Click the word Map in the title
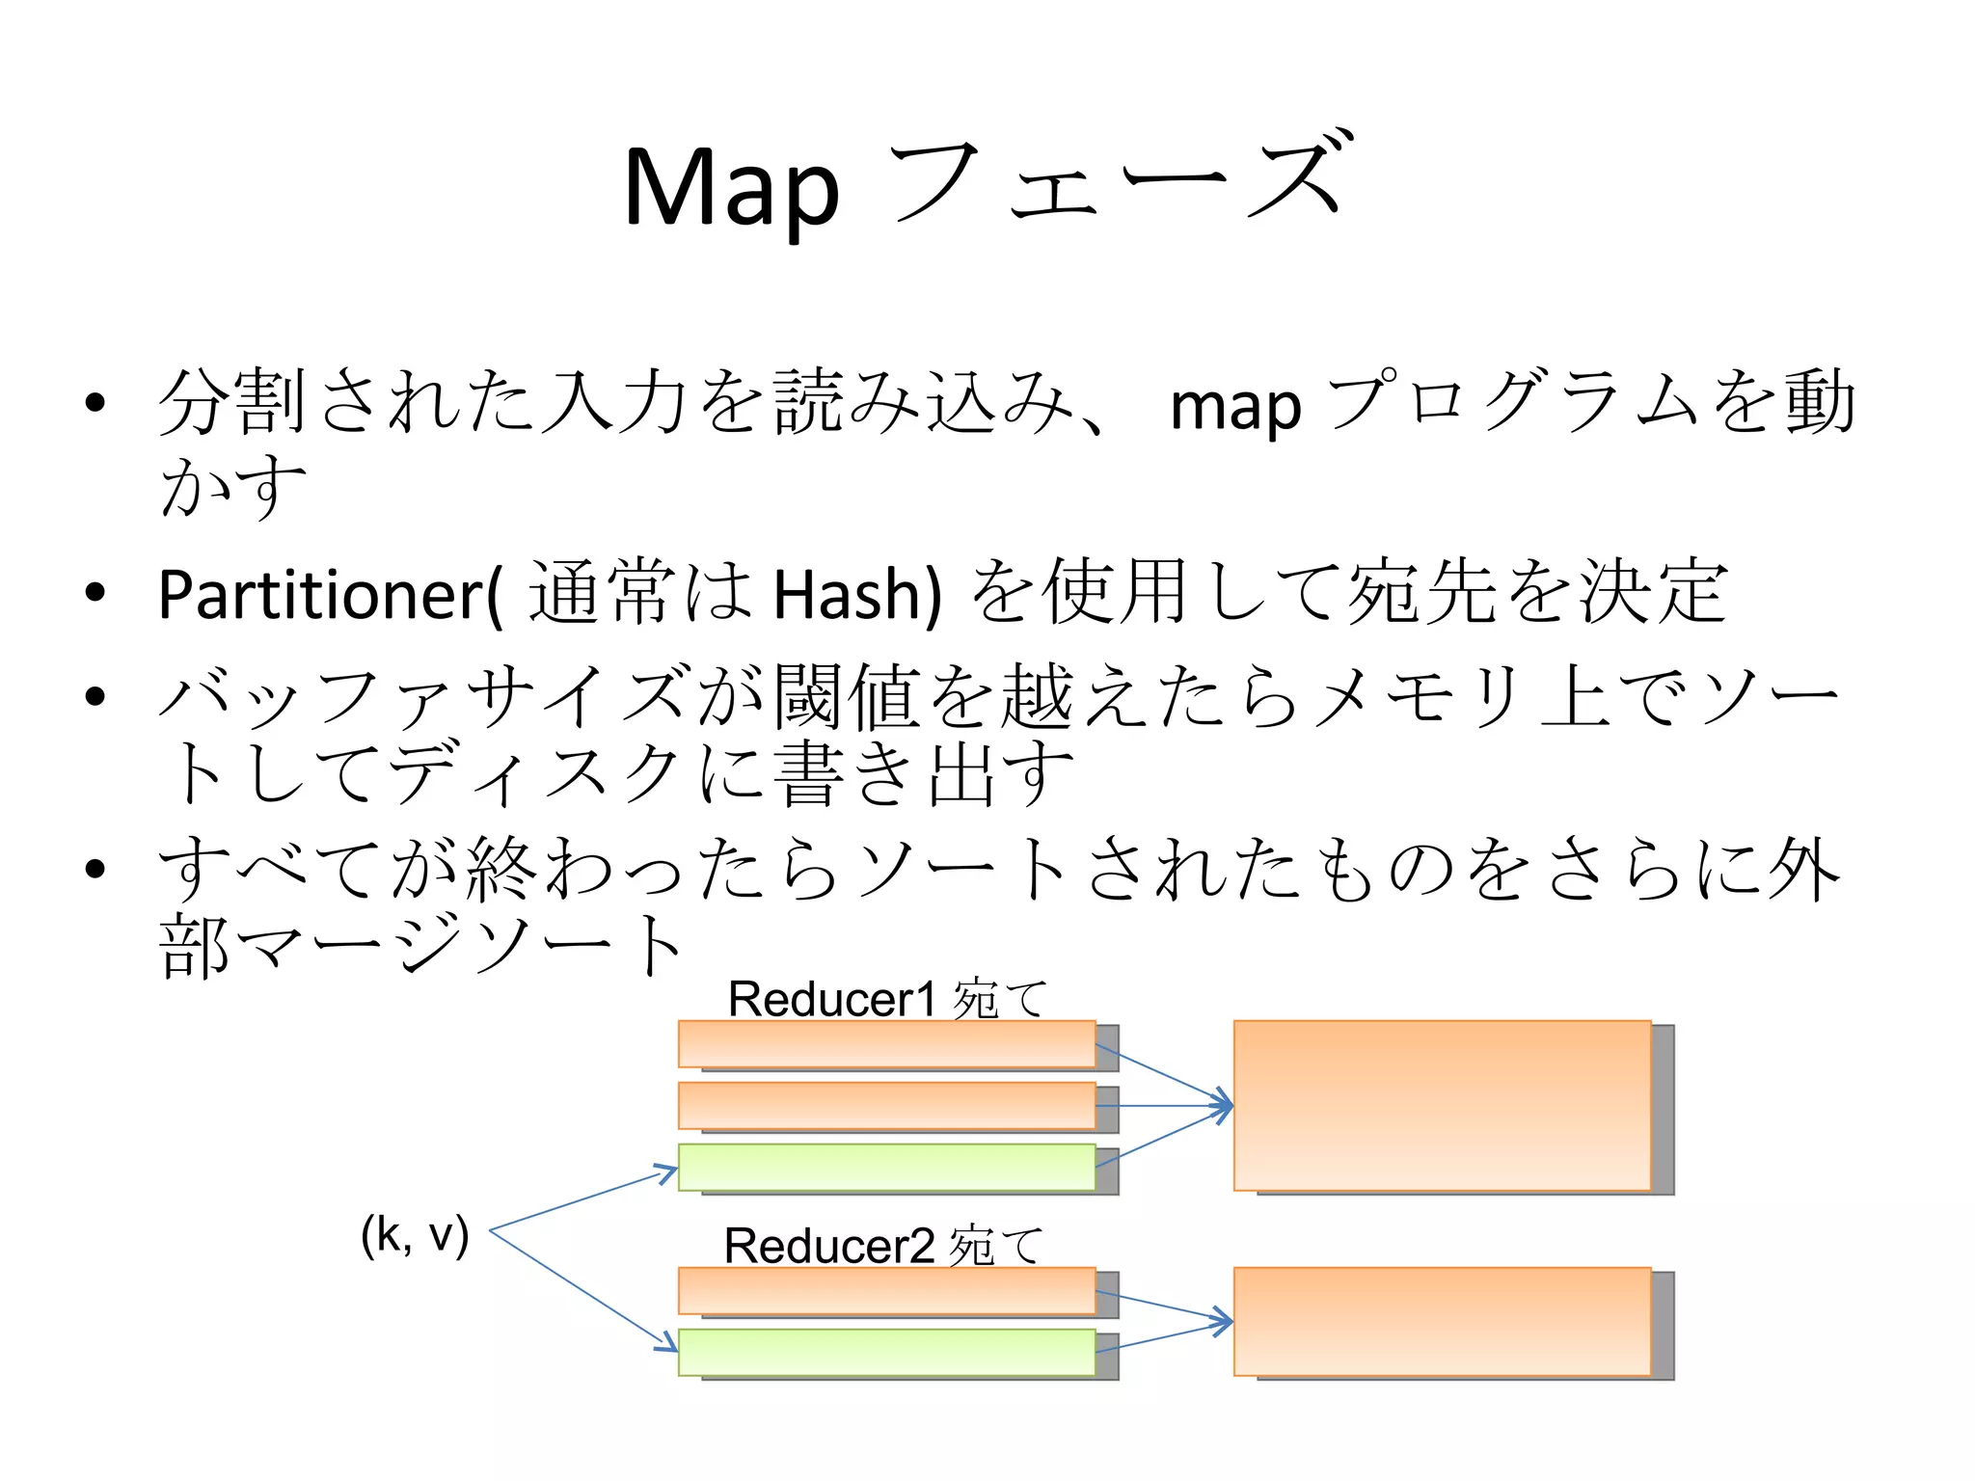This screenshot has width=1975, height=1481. (730, 187)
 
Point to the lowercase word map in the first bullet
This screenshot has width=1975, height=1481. (1234, 406)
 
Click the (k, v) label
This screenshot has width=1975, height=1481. (415, 1235)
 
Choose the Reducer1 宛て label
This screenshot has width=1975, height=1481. (886, 999)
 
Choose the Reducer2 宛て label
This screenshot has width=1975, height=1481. (883, 1246)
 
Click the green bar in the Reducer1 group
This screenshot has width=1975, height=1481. (886, 1167)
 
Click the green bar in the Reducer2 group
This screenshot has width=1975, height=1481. (886, 1352)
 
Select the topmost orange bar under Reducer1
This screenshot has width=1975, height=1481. (886, 1043)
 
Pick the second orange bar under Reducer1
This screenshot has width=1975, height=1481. (886, 1105)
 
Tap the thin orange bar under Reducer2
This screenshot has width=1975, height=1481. (886, 1290)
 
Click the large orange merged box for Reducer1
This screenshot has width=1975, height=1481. (1442, 1105)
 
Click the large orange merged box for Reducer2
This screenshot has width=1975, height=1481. (1442, 1321)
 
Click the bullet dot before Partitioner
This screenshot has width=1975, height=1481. (95, 593)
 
